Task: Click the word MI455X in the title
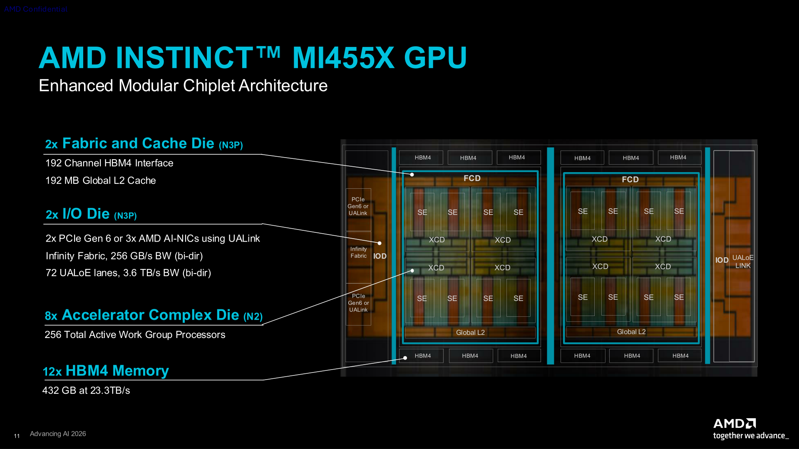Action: click(343, 57)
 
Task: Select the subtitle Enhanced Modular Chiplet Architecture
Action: click(183, 86)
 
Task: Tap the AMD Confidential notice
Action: click(35, 9)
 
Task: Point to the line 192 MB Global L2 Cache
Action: click(101, 180)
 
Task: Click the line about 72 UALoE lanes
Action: click(128, 273)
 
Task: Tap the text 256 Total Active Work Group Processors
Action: click(135, 335)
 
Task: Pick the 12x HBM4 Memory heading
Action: click(106, 371)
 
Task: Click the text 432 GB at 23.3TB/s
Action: click(86, 390)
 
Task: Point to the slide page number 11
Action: click(17, 436)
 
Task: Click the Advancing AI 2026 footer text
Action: click(58, 434)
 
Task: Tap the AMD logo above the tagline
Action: click(734, 424)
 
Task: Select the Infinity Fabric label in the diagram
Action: click(359, 252)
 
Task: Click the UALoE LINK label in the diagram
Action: click(743, 262)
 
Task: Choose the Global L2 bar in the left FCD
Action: click(470, 333)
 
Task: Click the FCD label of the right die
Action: click(630, 180)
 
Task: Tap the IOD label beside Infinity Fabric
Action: click(380, 256)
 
